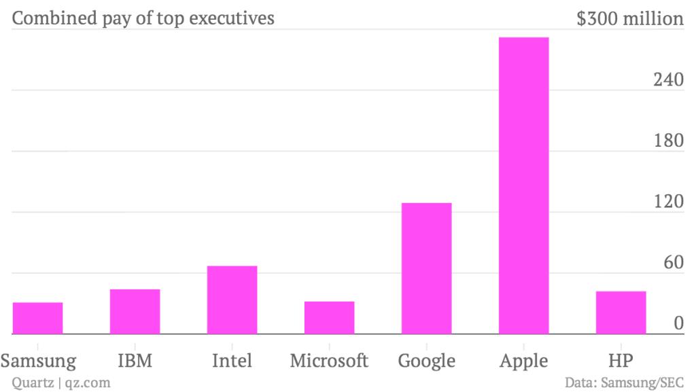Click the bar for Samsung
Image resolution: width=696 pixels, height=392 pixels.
(x=38, y=318)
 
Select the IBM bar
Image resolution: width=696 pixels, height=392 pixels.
(x=135, y=312)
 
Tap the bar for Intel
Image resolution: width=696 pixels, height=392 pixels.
(x=232, y=300)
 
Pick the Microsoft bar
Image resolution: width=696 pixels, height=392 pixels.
(x=330, y=317)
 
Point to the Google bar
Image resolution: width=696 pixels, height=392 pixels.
(x=427, y=268)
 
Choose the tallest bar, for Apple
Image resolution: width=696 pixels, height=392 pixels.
(x=524, y=185)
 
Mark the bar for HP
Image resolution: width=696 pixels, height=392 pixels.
(x=621, y=313)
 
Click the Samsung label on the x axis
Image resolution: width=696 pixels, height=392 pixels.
(x=38, y=359)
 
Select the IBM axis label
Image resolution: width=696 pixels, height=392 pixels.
(x=135, y=359)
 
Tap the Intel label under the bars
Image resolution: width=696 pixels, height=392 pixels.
(x=232, y=359)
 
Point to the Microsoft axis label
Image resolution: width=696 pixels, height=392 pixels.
(x=330, y=359)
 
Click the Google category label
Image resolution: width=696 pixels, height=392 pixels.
(x=427, y=359)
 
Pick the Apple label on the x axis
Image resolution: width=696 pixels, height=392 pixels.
(x=524, y=360)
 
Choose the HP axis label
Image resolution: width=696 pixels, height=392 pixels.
(x=621, y=359)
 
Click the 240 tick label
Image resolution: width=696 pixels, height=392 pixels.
(x=668, y=79)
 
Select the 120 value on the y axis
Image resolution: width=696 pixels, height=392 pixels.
(x=668, y=202)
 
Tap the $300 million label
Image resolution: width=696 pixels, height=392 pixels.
(x=629, y=18)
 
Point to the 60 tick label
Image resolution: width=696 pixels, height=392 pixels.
(x=673, y=263)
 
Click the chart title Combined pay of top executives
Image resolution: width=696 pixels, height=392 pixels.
(x=143, y=18)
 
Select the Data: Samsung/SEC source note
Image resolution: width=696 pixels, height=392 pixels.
(x=624, y=382)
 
